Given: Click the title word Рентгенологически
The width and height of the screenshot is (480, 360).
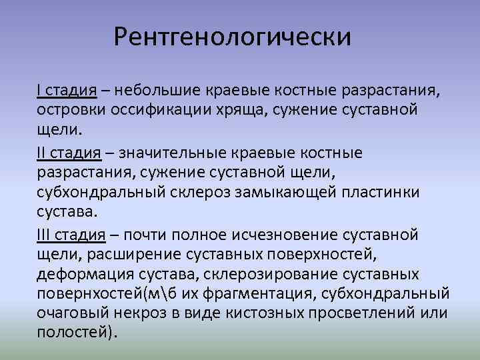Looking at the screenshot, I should click(231, 37).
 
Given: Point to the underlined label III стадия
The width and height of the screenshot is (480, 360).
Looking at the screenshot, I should click(72, 235).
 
